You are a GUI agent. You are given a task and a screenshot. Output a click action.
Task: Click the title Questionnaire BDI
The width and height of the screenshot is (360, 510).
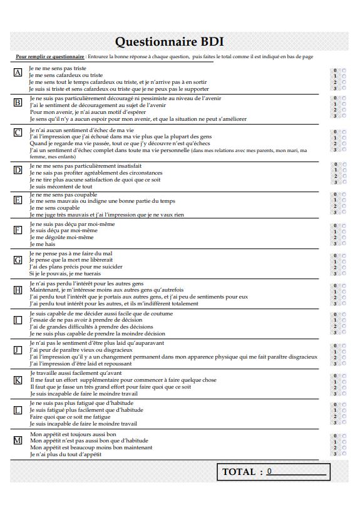pos(169,41)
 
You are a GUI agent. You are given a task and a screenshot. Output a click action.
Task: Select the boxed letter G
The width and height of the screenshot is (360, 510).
pos(18,260)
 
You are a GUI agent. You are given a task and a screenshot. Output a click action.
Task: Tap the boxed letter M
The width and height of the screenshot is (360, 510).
pos(18,440)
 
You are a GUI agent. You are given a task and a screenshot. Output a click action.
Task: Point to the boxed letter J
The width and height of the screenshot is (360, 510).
pos(18,350)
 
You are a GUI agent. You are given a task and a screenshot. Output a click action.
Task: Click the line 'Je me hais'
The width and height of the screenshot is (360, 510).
pos(42,243)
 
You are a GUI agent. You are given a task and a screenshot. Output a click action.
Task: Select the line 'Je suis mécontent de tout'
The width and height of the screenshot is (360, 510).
pos(61,186)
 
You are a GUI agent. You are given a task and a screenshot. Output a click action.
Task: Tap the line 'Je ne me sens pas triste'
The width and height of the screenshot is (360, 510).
pos(58,68)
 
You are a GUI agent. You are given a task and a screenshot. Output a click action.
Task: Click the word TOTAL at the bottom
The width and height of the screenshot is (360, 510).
pos(239,472)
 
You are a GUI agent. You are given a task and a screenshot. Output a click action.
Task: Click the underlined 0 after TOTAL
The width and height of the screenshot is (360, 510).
pos(269,471)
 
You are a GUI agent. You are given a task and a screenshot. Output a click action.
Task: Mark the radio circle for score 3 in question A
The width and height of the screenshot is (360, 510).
pos(342,88)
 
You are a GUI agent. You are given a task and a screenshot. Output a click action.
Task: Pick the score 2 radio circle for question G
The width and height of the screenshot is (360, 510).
pos(342,267)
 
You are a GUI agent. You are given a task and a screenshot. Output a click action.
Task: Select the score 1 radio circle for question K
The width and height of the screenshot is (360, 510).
pos(342,381)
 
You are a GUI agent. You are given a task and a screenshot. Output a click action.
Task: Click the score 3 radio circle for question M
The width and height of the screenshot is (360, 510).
pos(342,454)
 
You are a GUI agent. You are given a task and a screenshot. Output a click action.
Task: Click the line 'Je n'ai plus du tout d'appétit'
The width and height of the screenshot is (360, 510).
pos(65,454)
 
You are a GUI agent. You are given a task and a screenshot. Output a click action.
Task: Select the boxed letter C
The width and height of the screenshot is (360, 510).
pos(18,133)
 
